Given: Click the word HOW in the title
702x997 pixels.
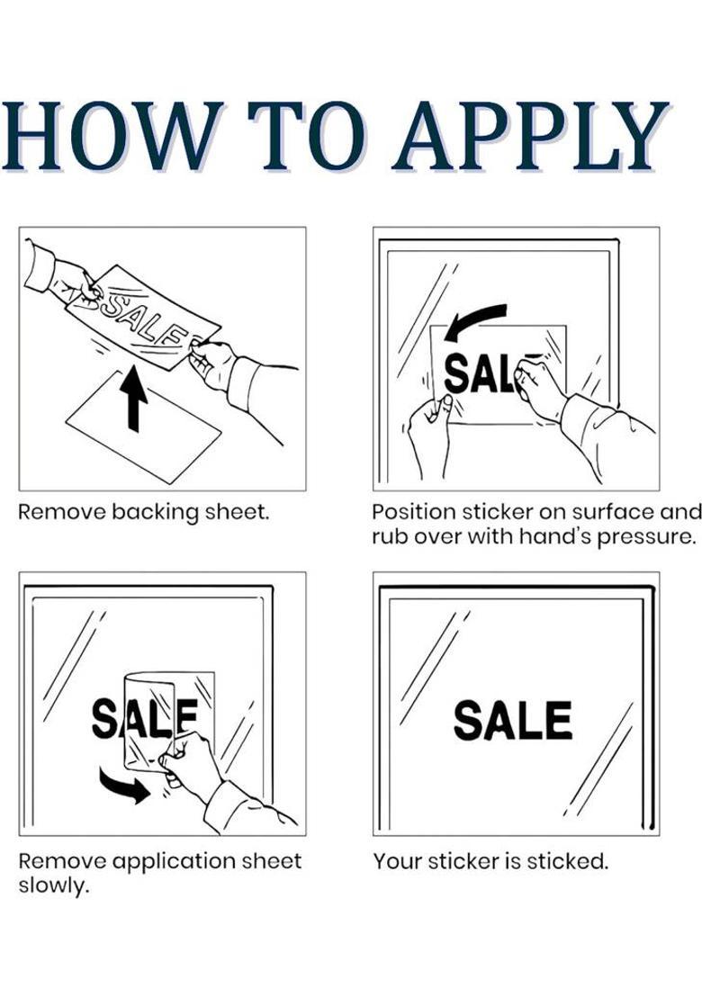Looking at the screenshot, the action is [x=112, y=136].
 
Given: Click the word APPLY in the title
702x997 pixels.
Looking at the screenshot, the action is [x=532, y=136].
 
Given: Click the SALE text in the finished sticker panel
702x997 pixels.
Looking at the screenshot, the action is [x=512, y=720].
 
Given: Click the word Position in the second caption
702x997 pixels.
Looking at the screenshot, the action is [x=414, y=512].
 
